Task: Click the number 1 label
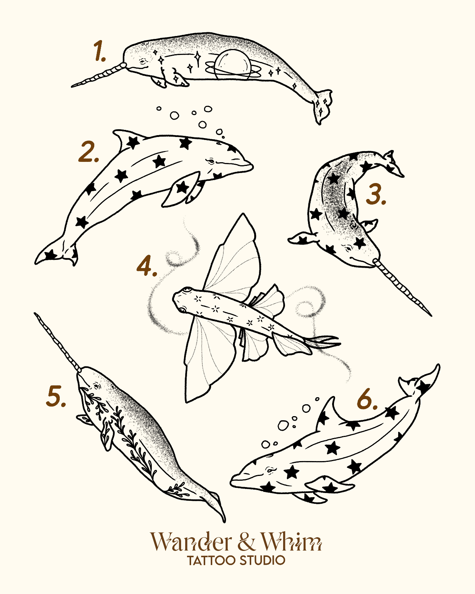99,51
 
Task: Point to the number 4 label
147,265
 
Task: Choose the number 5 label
56,396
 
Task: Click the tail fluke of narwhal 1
324,106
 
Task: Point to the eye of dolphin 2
211,161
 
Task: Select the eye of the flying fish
188,290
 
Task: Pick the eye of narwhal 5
96,385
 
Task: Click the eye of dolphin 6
270,470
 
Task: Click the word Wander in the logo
190,542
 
